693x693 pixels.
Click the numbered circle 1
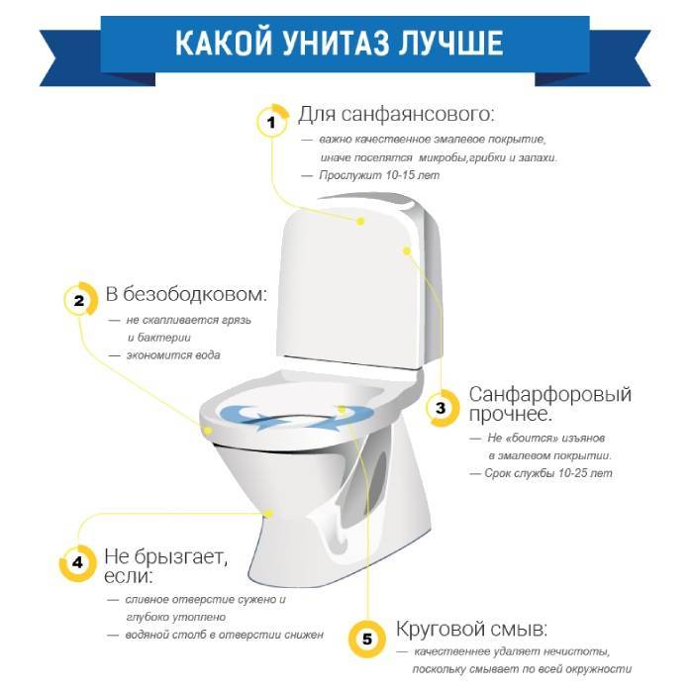(272, 121)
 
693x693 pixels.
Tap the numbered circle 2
(80, 300)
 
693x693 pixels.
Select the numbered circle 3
(442, 408)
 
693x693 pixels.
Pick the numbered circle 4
(78, 562)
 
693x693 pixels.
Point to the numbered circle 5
(366, 640)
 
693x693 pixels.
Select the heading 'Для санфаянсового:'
(396, 115)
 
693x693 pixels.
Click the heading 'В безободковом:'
(186, 294)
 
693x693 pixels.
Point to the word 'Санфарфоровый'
(550, 394)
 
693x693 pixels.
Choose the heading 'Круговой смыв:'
(471, 629)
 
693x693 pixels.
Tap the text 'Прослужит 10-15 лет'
(379, 175)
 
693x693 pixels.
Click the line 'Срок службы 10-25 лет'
(548, 473)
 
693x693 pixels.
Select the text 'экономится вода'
(173, 355)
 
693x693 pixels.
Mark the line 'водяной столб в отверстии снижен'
(225, 635)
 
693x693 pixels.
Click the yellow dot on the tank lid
(360, 221)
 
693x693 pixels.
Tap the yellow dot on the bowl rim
(207, 430)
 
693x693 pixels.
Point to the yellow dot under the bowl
(268, 513)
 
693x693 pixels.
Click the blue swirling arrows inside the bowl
(297, 417)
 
